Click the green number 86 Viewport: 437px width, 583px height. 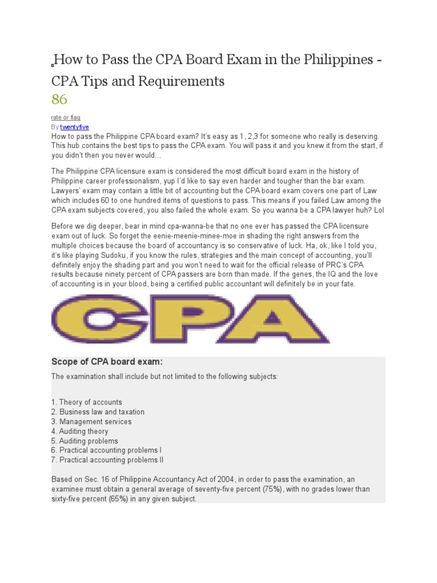point(59,100)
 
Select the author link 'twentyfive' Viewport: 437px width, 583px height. point(75,127)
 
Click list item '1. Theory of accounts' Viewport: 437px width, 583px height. point(86,402)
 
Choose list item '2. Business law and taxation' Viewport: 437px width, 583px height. point(97,412)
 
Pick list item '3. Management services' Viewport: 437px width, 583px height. point(91,421)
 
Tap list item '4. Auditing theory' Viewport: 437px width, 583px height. point(80,431)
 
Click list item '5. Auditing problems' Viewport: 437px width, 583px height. point(85,441)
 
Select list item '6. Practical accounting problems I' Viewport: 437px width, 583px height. point(106,450)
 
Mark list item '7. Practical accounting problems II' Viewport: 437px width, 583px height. point(108,460)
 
